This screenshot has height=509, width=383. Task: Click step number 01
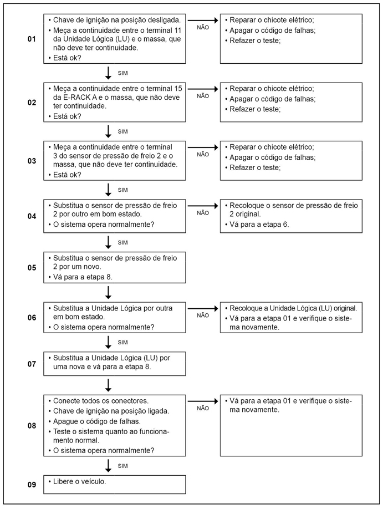[x=32, y=39]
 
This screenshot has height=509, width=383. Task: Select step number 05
[x=32, y=267]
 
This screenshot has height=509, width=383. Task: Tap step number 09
[x=32, y=485]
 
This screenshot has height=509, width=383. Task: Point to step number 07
[x=32, y=364]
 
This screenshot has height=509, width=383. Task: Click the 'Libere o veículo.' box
[x=115, y=484]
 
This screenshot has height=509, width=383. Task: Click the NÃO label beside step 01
[x=203, y=27]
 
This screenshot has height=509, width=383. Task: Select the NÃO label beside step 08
[x=203, y=408]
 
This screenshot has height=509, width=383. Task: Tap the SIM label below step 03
[x=122, y=190]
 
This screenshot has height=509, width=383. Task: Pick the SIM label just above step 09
[x=122, y=466]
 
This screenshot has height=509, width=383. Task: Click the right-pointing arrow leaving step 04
[x=203, y=205]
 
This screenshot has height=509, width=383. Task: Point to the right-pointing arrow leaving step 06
[x=203, y=307]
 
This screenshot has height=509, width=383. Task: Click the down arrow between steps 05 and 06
[x=109, y=291]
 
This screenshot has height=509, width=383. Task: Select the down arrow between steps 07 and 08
[x=109, y=384]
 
